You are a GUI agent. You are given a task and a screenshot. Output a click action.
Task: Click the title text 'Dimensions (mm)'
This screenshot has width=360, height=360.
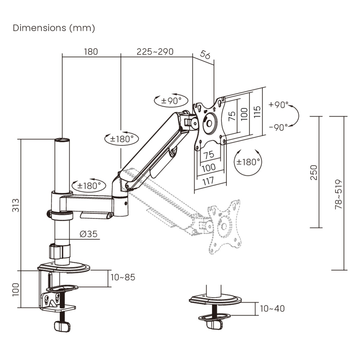click(x=54, y=28)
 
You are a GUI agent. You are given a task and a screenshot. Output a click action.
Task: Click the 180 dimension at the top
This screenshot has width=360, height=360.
click(x=91, y=52)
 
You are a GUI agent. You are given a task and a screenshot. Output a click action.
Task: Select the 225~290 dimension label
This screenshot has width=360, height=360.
click(x=155, y=52)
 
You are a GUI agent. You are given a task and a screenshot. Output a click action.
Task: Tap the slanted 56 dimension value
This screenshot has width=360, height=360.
click(x=205, y=55)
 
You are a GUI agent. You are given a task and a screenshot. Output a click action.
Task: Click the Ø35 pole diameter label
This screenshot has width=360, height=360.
click(x=89, y=234)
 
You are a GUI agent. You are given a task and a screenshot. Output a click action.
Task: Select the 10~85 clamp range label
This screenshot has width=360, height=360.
click(x=123, y=277)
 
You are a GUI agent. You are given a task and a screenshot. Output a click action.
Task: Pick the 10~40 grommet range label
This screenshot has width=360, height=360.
click(x=272, y=308)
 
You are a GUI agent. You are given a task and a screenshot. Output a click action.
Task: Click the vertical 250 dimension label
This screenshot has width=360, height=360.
click(x=313, y=172)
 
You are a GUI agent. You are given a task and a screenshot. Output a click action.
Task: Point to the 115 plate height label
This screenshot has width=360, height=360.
click(x=257, y=112)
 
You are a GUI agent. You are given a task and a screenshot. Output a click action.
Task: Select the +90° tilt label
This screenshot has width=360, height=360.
click(x=278, y=105)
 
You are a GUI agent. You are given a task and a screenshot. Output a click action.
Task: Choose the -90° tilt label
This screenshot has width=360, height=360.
click(x=278, y=127)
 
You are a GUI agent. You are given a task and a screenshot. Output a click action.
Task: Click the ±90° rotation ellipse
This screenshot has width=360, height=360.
click(x=172, y=101)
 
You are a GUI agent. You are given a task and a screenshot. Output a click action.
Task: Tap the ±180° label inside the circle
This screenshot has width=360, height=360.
click(x=248, y=162)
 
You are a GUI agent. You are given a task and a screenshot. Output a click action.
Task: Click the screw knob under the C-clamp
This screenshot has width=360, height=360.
click(x=62, y=326)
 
